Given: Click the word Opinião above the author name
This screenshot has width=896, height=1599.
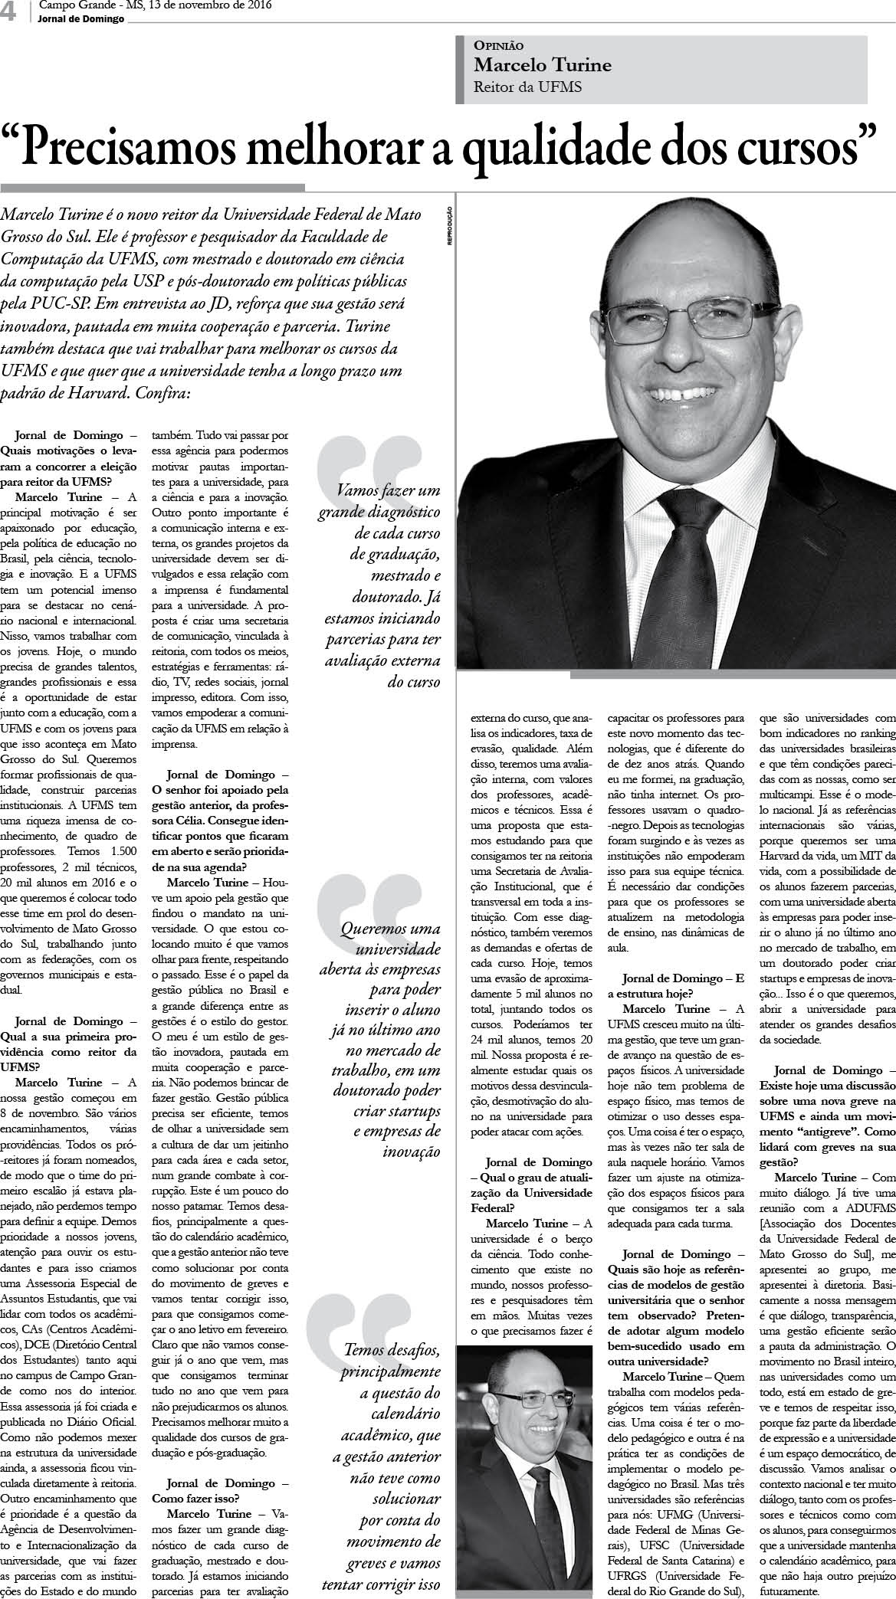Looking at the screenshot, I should click(499, 46).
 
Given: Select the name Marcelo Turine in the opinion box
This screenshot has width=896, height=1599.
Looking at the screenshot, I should click(543, 65).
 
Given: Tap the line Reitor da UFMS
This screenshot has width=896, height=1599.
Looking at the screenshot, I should click(528, 87).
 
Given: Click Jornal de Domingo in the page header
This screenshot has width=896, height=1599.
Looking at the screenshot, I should click(80, 19).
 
